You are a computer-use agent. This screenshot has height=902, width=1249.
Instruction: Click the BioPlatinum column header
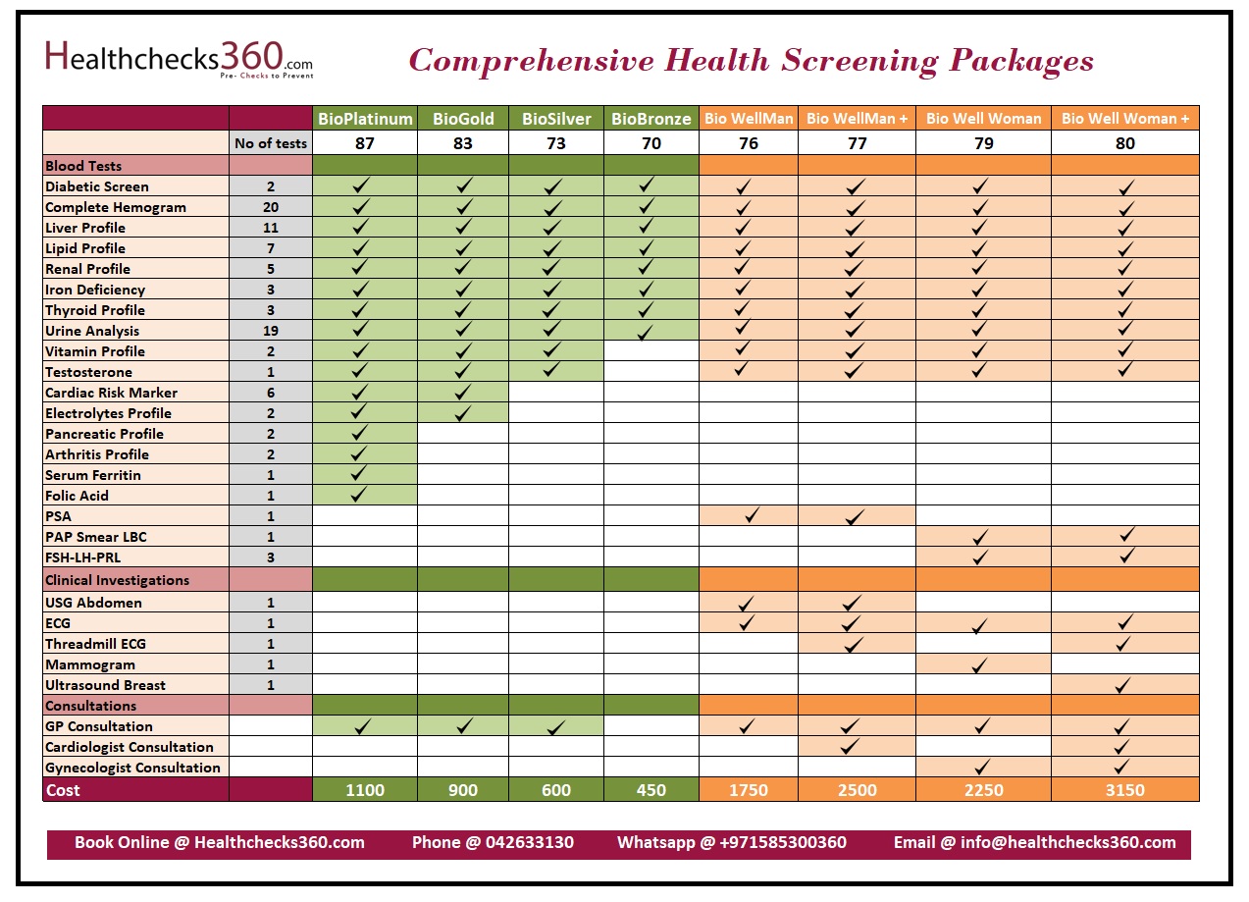click(x=365, y=119)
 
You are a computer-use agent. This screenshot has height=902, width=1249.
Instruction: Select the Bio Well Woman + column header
click(x=1124, y=118)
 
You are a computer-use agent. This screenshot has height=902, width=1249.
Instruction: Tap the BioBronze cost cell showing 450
click(x=651, y=790)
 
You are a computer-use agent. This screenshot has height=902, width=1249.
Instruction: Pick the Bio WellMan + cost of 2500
click(x=857, y=790)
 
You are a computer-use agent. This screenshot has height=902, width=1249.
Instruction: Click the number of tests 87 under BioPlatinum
click(x=365, y=143)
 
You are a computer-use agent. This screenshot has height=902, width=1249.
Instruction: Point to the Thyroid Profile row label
click(x=95, y=310)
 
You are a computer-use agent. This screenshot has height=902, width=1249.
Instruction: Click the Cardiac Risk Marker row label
click(x=111, y=393)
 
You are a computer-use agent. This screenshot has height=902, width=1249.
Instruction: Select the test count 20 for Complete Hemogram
click(x=271, y=207)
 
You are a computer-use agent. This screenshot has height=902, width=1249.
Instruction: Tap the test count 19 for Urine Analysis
click(x=271, y=331)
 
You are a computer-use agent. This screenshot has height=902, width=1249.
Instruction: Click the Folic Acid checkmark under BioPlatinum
click(x=358, y=495)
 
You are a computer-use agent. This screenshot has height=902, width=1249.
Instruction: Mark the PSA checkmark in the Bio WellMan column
click(x=751, y=515)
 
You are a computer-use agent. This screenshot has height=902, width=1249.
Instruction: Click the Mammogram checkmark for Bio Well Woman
click(x=979, y=664)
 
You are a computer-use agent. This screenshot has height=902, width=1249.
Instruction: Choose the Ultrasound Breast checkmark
click(x=1123, y=685)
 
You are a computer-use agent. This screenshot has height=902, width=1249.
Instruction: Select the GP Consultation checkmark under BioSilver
click(x=555, y=727)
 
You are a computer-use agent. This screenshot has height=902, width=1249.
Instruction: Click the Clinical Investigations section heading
click(x=117, y=580)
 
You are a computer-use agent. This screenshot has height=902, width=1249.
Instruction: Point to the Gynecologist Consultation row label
click(x=132, y=768)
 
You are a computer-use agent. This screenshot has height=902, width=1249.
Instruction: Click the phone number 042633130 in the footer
click(x=529, y=842)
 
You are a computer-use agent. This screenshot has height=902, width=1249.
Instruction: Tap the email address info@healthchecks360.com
click(x=1067, y=842)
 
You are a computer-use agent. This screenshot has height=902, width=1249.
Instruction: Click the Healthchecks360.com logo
click(x=179, y=60)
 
